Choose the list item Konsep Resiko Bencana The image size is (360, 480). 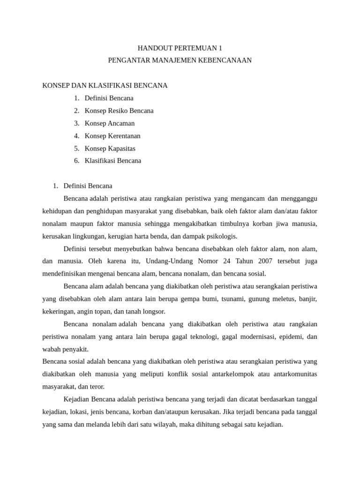tap(119, 111)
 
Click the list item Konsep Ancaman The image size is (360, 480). tap(110, 123)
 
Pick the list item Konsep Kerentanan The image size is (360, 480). tap(112, 136)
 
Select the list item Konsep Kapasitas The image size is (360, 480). tap(110, 148)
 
